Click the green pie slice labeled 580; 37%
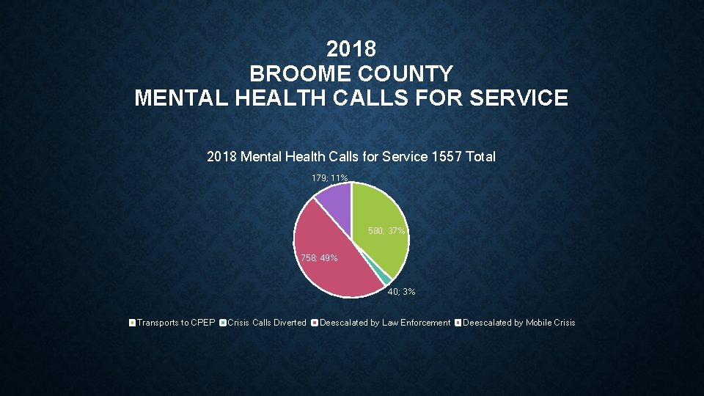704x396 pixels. [381, 220]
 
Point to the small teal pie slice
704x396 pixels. [385, 279]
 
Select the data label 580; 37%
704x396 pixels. [386, 231]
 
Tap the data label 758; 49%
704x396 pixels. [319, 258]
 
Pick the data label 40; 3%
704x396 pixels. [401, 292]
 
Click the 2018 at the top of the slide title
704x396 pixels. [351, 50]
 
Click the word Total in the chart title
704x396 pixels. [480, 156]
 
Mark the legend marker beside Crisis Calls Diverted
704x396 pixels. [223, 323]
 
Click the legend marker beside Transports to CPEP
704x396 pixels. [132, 323]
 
